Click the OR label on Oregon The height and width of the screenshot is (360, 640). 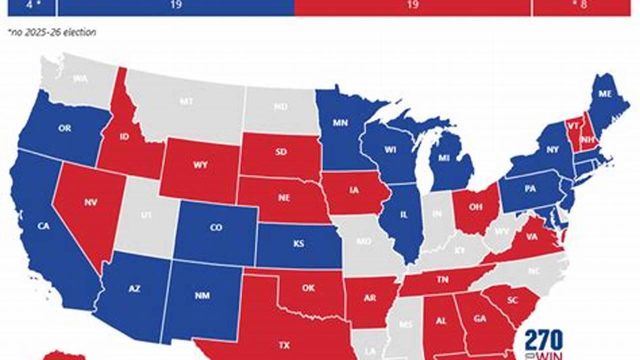[65, 128]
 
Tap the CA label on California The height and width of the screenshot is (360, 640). [44, 226]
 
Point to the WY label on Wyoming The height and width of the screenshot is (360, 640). [199, 164]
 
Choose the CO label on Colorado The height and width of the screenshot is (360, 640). [216, 227]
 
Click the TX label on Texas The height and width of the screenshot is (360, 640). [284, 344]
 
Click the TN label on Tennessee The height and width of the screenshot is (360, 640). [442, 280]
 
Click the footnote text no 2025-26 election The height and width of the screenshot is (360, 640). [52, 32]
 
